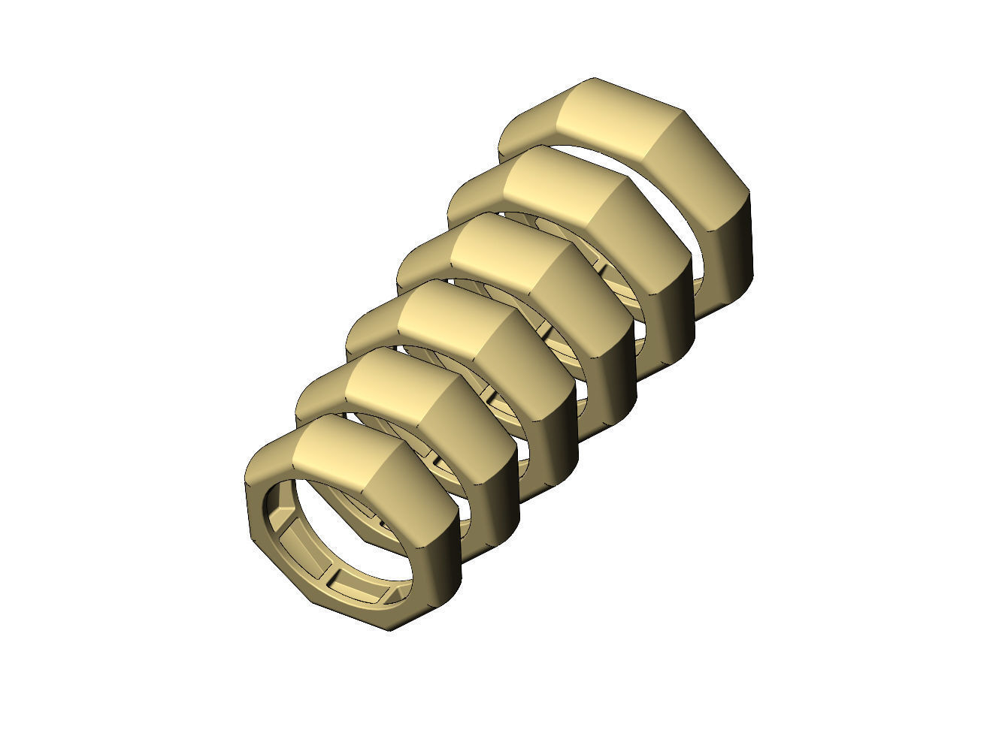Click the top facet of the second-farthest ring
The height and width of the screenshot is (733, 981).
[x=553, y=188]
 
